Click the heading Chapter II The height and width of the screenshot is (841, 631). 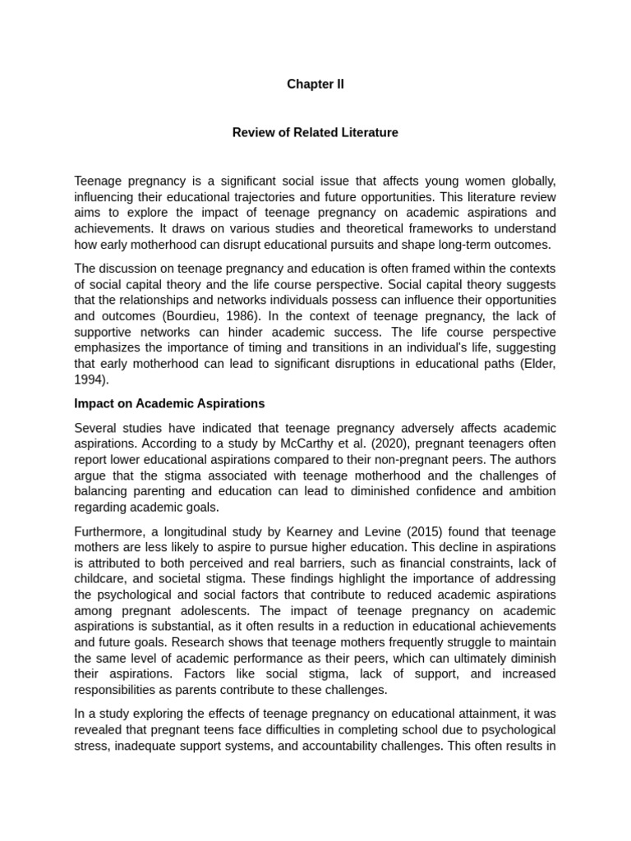click(x=315, y=85)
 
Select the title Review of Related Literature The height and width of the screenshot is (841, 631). click(x=315, y=132)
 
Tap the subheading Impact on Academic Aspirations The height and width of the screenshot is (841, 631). click(x=169, y=403)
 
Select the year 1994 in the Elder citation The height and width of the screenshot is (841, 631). click(x=90, y=380)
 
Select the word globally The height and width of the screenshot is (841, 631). click(x=531, y=180)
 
